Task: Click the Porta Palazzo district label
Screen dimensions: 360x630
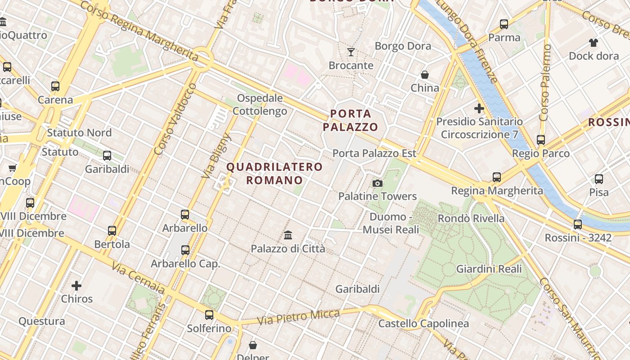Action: [x=350, y=120]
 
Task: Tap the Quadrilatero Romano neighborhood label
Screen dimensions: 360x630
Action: [x=274, y=174]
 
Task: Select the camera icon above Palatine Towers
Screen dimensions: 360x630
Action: [x=378, y=183]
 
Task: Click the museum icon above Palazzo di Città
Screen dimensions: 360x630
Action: [x=288, y=235]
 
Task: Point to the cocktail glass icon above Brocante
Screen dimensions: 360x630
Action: [x=351, y=52]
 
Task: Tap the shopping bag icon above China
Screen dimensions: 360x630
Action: [x=425, y=75]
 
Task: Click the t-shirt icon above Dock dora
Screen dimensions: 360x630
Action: [x=594, y=43]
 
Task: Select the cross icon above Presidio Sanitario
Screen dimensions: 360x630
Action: [x=479, y=108]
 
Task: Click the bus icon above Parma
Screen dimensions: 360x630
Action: [x=504, y=24]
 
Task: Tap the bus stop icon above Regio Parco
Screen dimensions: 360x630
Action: [x=541, y=140]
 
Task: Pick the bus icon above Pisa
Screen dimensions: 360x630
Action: [x=599, y=179]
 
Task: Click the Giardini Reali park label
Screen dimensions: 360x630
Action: [x=489, y=269]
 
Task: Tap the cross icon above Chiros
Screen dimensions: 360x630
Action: [x=77, y=285]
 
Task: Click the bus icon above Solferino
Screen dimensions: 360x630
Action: [x=209, y=315]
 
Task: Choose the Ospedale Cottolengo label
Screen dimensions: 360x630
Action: [x=260, y=104]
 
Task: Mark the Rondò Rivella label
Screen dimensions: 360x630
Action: [x=471, y=219]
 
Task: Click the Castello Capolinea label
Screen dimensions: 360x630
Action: [x=423, y=324]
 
